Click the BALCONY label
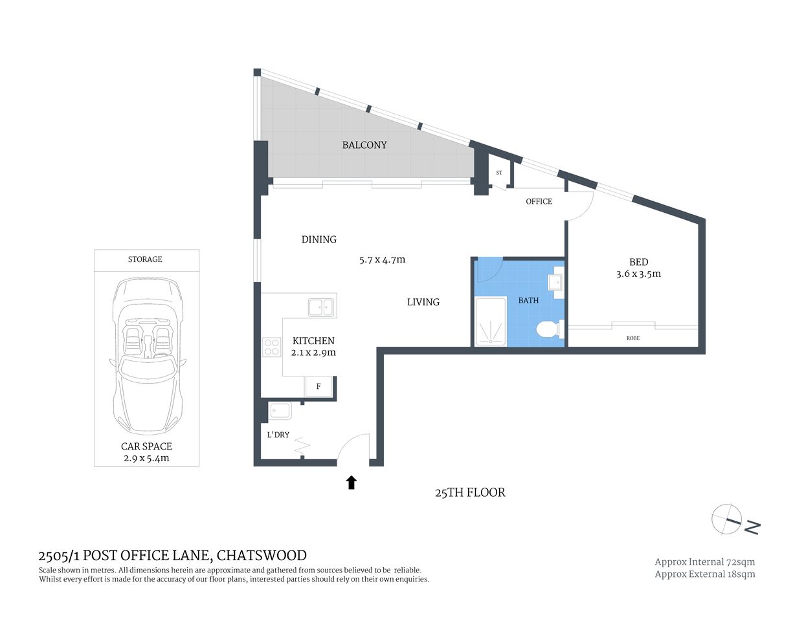pos(364,145)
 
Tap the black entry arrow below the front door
pos(352,482)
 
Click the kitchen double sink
pos(321,307)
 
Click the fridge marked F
pos(318,386)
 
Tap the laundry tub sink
pos(280,411)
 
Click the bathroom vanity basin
pos(555,283)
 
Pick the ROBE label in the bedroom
pos(632,338)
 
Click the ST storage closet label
pos(499,173)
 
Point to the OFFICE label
pos(539,201)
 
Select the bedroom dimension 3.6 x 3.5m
pos(638,274)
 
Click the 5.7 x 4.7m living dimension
pos(382,260)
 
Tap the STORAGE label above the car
pos(145,259)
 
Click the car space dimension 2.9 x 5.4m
pos(146,458)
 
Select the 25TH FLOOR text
pos(470,492)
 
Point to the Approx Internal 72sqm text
pos(704,561)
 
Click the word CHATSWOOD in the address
pos(262,555)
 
